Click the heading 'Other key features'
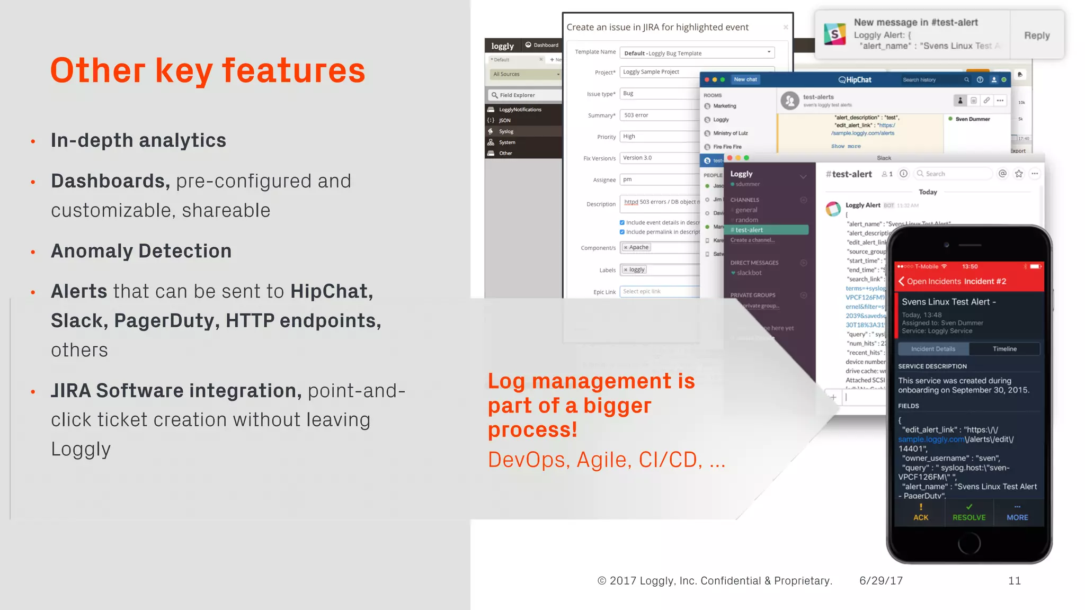coord(208,70)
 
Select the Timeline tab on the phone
coord(1004,349)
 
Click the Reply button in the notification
coord(1037,35)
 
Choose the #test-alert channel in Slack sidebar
coord(769,230)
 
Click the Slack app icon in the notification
coord(835,34)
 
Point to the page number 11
coord(1014,581)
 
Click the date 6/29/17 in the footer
coord(881,581)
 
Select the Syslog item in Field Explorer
coord(506,131)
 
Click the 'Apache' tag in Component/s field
coord(636,247)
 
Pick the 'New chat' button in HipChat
coord(745,79)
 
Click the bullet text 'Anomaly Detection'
coord(141,251)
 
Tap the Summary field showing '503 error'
coord(660,115)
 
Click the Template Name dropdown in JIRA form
coord(697,53)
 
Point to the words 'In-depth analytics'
coord(138,140)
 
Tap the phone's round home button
coord(969,543)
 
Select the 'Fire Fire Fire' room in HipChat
coord(727,147)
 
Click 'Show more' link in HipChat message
coord(846,146)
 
